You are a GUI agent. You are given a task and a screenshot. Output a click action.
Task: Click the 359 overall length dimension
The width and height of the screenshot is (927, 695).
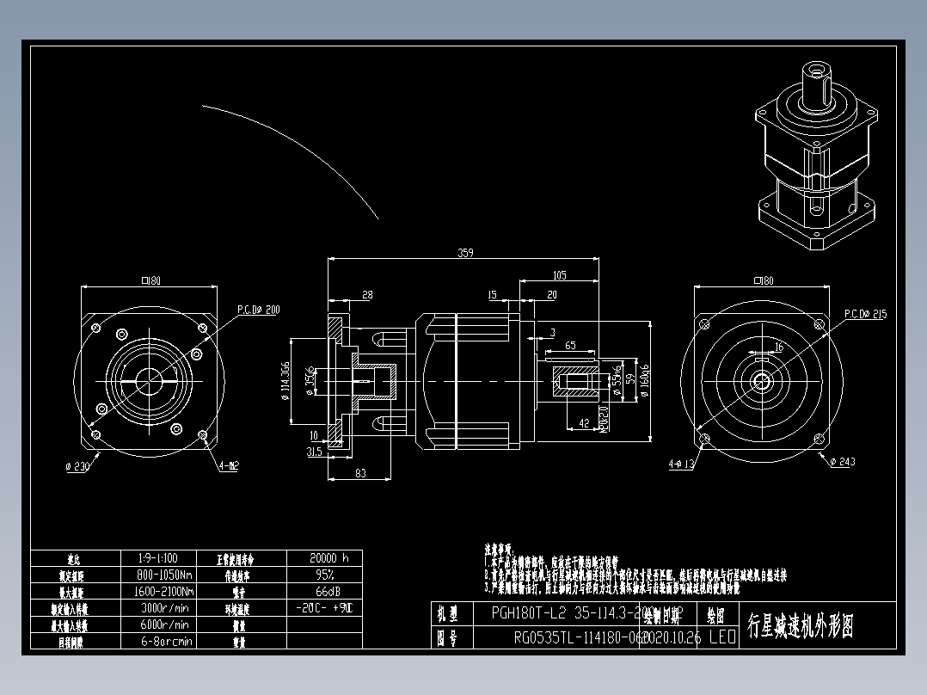pyautogui.click(x=465, y=253)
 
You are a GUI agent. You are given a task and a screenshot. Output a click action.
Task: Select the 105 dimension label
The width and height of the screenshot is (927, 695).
pyautogui.click(x=559, y=275)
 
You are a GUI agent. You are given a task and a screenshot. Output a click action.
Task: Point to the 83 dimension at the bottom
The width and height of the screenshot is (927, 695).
pyautogui.click(x=359, y=473)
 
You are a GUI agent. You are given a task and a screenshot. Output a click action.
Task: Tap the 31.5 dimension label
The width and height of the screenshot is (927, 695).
pyautogui.click(x=313, y=452)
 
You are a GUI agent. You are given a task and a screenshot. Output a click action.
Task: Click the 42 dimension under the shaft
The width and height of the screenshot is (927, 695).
pyautogui.click(x=584, y=422)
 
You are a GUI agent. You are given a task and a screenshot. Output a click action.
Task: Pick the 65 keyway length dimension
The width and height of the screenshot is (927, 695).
pyautogui.click(x=570, y=345)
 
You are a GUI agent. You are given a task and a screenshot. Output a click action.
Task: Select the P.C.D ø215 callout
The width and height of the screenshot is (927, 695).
pyautogui.click(x=864, y=314)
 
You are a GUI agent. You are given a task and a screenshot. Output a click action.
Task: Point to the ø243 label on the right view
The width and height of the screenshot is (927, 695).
pyautogui.click(x=843, y=462)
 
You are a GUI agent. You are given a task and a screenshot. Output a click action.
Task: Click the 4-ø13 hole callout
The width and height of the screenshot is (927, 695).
pyautogui.click(x=681, y=464)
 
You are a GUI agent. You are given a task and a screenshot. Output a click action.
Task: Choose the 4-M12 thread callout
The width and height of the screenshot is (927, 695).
pyautogui.click(x=229, y=465)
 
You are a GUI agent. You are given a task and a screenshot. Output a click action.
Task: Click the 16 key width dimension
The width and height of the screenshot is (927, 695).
pyautogui.click(x=779, y=347)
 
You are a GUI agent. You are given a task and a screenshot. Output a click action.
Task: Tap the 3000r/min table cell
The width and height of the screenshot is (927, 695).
pyautogui.click(x=163, y=608)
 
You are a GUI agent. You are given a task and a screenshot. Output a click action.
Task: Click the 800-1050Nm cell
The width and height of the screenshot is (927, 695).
pyautogui.click(x=164, y=575)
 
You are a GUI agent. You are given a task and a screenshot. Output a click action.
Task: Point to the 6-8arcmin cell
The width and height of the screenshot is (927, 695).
pyautogui.click(x=163, y=641)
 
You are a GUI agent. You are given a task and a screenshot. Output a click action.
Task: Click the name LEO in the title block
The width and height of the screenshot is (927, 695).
pyautogui.click(x=721, y=637)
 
